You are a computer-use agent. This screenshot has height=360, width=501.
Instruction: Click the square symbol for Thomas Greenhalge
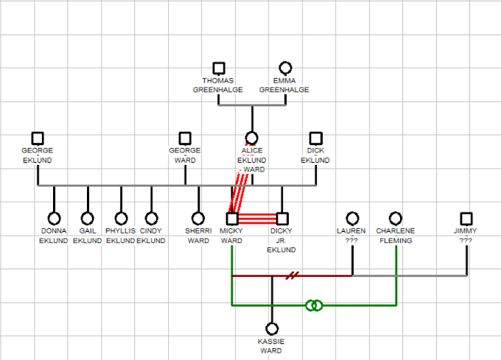[218, 68]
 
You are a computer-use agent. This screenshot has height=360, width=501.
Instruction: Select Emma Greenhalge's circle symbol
[285, 68]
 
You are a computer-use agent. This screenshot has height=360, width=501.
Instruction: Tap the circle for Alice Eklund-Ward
[251, 138]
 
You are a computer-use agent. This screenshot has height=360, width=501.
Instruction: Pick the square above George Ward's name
[185, 138]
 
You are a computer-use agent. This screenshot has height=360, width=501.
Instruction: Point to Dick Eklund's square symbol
[316, 138]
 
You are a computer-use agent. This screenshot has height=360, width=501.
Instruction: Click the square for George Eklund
[38, 138]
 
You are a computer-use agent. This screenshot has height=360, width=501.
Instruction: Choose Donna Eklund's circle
[54, 219]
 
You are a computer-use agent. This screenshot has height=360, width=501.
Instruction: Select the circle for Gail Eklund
[88, 219]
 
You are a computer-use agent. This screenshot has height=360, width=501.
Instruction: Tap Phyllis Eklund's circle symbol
[121, 219]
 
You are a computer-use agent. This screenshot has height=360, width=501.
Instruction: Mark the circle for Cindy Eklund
[151, 219]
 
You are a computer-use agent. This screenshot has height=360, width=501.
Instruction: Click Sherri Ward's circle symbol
[198, 219]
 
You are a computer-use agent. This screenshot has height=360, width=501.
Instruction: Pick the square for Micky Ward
[232, 219]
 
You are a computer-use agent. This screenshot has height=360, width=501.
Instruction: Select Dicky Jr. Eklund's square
[281, 219]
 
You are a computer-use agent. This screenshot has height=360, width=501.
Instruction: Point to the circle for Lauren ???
[352, 219]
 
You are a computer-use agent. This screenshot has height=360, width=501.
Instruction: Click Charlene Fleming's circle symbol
[396, 219]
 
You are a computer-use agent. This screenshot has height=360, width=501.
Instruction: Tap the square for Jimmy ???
[466, 219]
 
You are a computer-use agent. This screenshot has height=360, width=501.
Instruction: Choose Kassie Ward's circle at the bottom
[272, 328]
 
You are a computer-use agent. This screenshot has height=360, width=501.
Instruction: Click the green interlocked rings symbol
[314, 305]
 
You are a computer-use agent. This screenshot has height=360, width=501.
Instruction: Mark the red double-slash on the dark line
[293, 276]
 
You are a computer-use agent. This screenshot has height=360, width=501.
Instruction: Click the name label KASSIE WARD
[270, 346]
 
